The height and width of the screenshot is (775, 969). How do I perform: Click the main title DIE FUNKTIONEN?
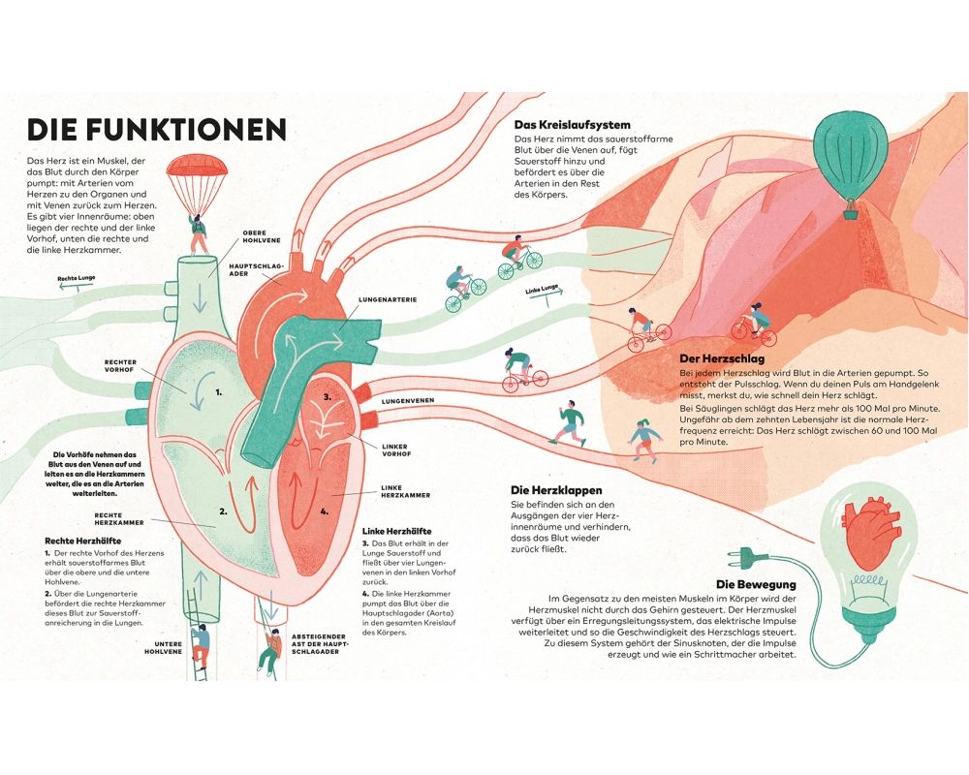coord(156,130)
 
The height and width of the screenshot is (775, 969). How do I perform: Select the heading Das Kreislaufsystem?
coord(572,125)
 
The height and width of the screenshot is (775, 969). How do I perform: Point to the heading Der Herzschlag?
coord(723,358)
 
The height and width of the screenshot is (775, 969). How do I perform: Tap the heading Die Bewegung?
coord(756,584)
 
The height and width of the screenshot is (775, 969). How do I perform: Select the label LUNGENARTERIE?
coord(388,300)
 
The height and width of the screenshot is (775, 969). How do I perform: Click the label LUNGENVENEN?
coord(407,400)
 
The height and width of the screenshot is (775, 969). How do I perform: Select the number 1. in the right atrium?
coord(219,392)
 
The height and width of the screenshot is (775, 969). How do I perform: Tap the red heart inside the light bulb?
coord(868,536)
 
